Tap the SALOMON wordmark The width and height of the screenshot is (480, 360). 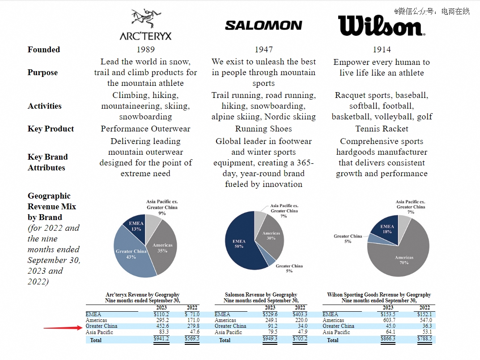pyautogui.click(x=263, y=25)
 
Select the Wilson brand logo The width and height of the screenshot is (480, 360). pyautogui.click(x=382, y=25)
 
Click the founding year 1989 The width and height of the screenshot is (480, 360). pyautogui.click(x=146, y=49)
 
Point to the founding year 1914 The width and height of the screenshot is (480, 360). pyautogui.click(x=382, y=49)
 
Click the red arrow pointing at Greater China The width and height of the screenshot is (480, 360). pyautogui.click(x=63, y=328)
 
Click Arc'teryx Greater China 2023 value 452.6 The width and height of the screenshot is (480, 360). pyautogui.click(x=162, y=326)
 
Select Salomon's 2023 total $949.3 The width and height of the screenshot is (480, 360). pyautogui.click(x=270, y=339)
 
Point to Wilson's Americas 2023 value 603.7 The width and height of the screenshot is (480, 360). pyautogui.click(x=389, y=320)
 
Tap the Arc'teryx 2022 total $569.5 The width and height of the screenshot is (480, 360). pyautogui.click(x=192, y=339)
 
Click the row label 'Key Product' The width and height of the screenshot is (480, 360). pyautogui.click(x=51, y=129)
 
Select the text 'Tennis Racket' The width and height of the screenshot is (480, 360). pyautogui.click(x=382, y=129)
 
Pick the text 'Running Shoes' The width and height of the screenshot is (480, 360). pyautogui.click(x=263, y=129)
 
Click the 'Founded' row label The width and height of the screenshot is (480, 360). pyautogui.click(x=44, y=49)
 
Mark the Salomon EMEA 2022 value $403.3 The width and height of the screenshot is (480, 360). pyautogui.click(x=300, y=314)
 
